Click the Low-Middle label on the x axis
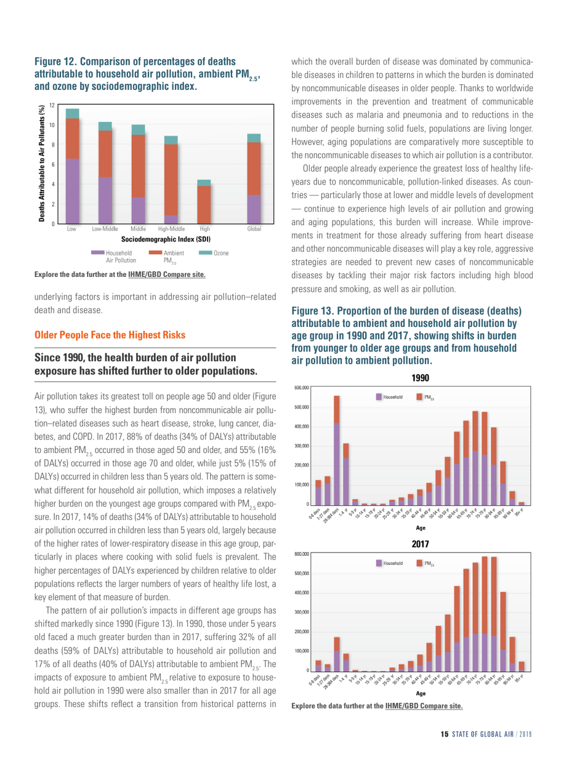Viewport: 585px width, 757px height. pos(105,228)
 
